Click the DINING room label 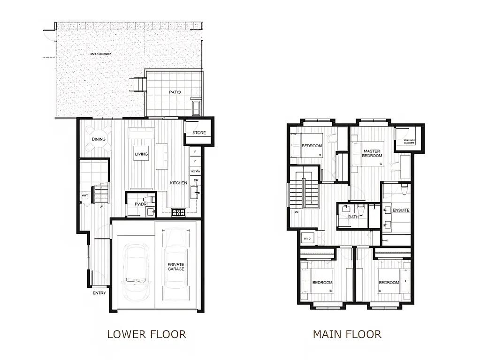[99, 139]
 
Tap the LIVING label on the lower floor [141, 154]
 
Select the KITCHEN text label [178, 183]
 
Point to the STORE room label [199, 133]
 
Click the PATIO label [175, 92]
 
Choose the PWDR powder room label [141, 204]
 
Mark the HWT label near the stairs [85, 195]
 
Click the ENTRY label [99, 293]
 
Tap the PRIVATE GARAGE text [176, 267]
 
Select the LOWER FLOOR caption [146, 334]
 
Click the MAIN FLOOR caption [347, 334]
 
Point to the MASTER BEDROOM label [372, 153]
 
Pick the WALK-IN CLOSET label [409, 141]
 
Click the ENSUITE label [401, 210]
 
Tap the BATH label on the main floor [353, 217]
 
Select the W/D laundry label [307, 238]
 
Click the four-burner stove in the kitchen [178, 212]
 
